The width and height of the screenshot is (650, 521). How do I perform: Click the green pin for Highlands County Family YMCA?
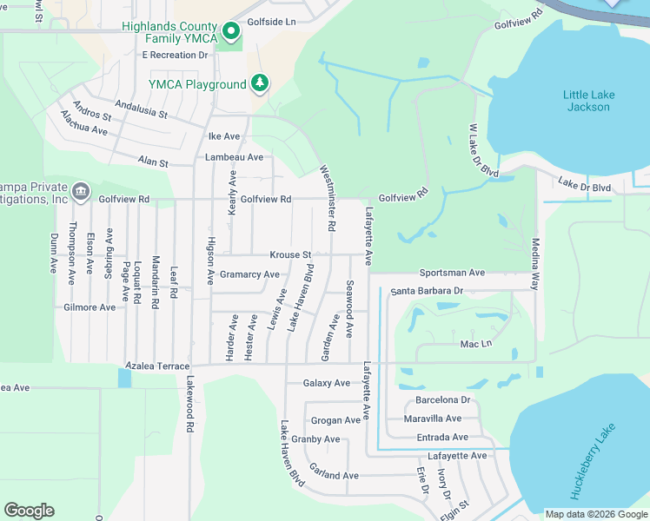[x=231, y=33]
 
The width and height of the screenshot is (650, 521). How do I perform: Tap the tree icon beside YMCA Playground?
[x=259, y=83]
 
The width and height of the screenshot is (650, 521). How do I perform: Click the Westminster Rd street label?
[x=327, y=198]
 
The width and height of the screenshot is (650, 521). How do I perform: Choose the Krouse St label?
[x=290, y=255]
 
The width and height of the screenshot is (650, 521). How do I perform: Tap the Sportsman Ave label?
[x=452, y=273]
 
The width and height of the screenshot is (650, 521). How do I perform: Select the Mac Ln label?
[x=476, y=345]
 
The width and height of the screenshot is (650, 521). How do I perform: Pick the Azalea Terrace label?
[x=157, y=366]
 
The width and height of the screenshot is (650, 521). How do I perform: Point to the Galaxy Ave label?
[x=326, y=383]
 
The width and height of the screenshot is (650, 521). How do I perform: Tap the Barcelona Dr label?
[x=442, y=400]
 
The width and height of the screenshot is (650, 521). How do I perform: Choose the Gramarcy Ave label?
[x=249, y=274]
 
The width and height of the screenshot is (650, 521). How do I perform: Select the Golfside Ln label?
[x=271, y=20]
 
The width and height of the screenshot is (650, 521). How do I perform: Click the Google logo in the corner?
[x=29, y=511]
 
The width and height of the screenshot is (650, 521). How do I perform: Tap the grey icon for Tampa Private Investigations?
[x=80, y=190]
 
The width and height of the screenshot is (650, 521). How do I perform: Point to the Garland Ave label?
[x=334, y=476]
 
